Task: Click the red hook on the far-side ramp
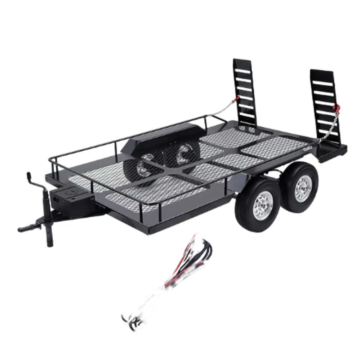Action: pos(237,98)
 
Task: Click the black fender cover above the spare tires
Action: pos(162,136)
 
